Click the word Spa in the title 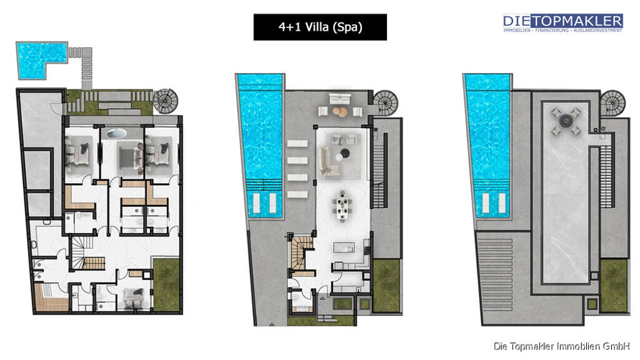(347, 27)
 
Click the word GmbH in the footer (616, 346)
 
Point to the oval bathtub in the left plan (117, 134)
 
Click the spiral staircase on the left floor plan (166, 101)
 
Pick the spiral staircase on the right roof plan (612, 103)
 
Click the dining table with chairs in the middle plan (342, 206)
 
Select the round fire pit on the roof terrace (565, 120)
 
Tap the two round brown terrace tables (339, 111)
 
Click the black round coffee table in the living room (345, 153)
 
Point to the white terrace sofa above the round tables (340, 98)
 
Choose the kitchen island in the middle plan (344, 247)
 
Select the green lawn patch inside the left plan (166, 284)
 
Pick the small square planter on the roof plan (592, 304)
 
